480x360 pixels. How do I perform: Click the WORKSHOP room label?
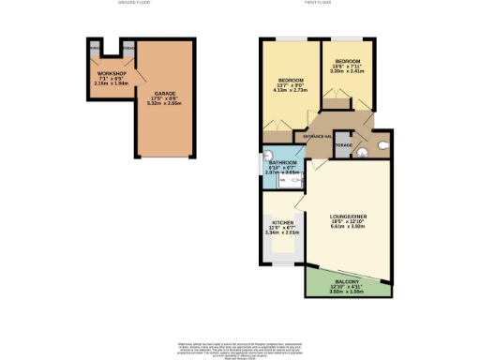(111, 72)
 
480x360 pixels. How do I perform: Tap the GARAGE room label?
(165, 94)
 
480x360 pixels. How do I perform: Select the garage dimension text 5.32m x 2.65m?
(165, 104)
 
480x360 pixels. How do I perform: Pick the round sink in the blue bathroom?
(267, 157)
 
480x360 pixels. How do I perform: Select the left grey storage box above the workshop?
(94, 45)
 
